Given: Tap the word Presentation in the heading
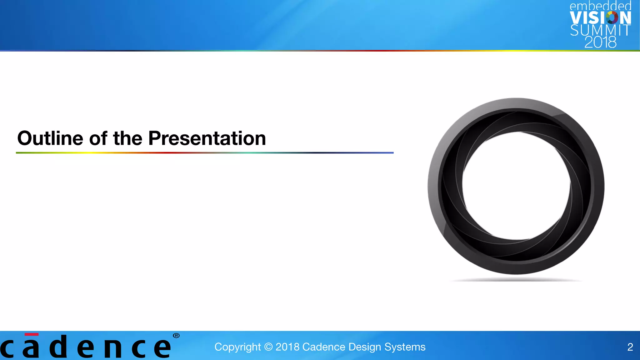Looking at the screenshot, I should (x=207, y=138).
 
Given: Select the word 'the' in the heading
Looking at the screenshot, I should (x=127, y=138).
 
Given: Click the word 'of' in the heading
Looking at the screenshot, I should (x=98, y=138).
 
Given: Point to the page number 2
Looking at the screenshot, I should (x=630, y=347).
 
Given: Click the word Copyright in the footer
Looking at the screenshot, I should (x=237, y=347).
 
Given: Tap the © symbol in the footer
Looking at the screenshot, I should (x=268, y=347).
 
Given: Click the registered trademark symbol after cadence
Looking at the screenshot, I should (x=176, y=336).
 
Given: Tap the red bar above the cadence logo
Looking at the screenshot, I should (x=32, y=334).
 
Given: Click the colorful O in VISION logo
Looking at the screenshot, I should (x=612, y=17).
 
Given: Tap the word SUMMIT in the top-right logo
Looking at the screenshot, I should (x=600, y=30).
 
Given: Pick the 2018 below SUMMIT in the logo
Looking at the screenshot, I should (x=600, y=42).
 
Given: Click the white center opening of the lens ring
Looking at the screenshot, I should (x=516, y=186).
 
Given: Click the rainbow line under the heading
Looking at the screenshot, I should (x=205, y=153).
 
